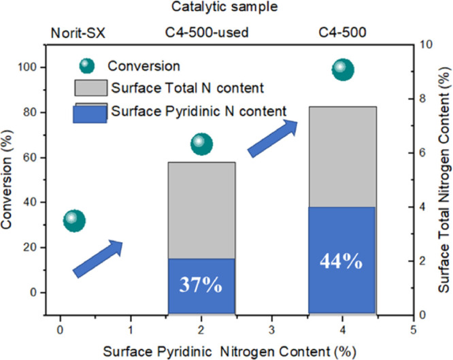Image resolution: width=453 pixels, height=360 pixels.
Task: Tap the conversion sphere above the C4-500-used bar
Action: [x=201, y=143]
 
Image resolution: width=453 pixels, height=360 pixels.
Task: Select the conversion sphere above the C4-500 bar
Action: [x=342, y=69]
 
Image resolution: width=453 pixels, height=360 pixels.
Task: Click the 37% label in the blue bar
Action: [x=201, y=285]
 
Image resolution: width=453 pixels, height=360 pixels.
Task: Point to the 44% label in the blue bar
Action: [x=342, y=261]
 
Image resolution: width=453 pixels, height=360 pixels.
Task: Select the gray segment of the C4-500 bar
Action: [x=342, y=157]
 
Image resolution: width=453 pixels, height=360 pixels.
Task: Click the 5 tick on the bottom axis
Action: [x=413, y=325]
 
